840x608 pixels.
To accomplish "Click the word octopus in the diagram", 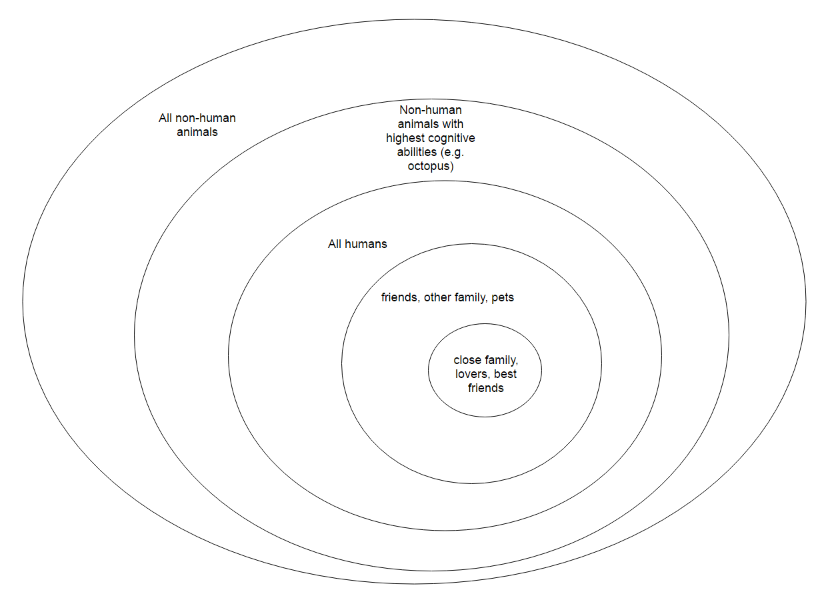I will tap(430, 166).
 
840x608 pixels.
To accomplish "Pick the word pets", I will tap(503, 297).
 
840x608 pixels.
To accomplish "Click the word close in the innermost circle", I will tap(467, 360).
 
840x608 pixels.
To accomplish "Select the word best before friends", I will tap(505, 374).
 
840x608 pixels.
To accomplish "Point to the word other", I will tap(439, 297).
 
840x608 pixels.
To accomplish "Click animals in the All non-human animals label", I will tap(197, 132).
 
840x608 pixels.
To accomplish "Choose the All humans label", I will tap(357, 244).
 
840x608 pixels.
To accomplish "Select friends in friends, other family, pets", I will tap(399, 297).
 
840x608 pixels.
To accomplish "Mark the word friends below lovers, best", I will tap(485, 388).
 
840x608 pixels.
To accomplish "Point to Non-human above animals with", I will tap(430, 110).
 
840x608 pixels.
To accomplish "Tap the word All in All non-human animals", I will tap(165, 118).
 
